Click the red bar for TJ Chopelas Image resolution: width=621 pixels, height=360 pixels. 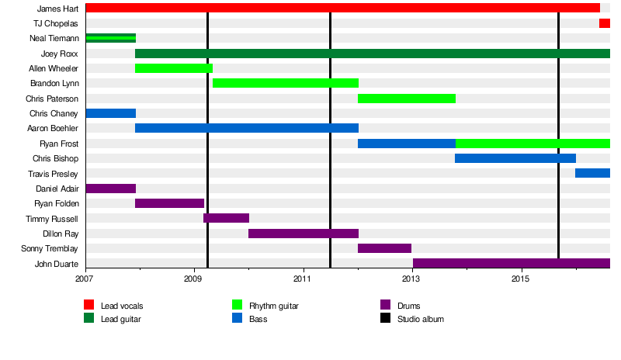pos(604,23)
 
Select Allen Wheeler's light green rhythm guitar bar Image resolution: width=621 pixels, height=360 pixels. pos(174,68)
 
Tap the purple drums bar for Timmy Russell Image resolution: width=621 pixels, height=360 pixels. pos(226,218)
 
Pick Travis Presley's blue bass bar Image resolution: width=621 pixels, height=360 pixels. pos(592,173)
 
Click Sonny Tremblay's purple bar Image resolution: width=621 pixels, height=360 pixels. pos(384,248)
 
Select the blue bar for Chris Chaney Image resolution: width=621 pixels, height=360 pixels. pos(110,113)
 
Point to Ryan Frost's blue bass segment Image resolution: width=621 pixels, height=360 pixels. pos(407,144)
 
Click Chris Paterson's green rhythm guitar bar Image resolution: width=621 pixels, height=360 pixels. pos(407,99)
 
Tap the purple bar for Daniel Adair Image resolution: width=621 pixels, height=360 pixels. pos(110,189)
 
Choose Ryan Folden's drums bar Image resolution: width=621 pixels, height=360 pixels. pos(169,203)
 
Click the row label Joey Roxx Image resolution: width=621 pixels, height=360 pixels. pos(59,54)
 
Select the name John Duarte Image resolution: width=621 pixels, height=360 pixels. pos(56,264)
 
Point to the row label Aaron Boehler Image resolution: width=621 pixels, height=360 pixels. pos(53,129)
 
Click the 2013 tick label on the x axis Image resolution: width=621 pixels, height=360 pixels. pos(411,278)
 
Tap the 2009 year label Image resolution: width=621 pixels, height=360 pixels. pos(194,278)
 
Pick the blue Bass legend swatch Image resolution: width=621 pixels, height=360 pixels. pos(238,319)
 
